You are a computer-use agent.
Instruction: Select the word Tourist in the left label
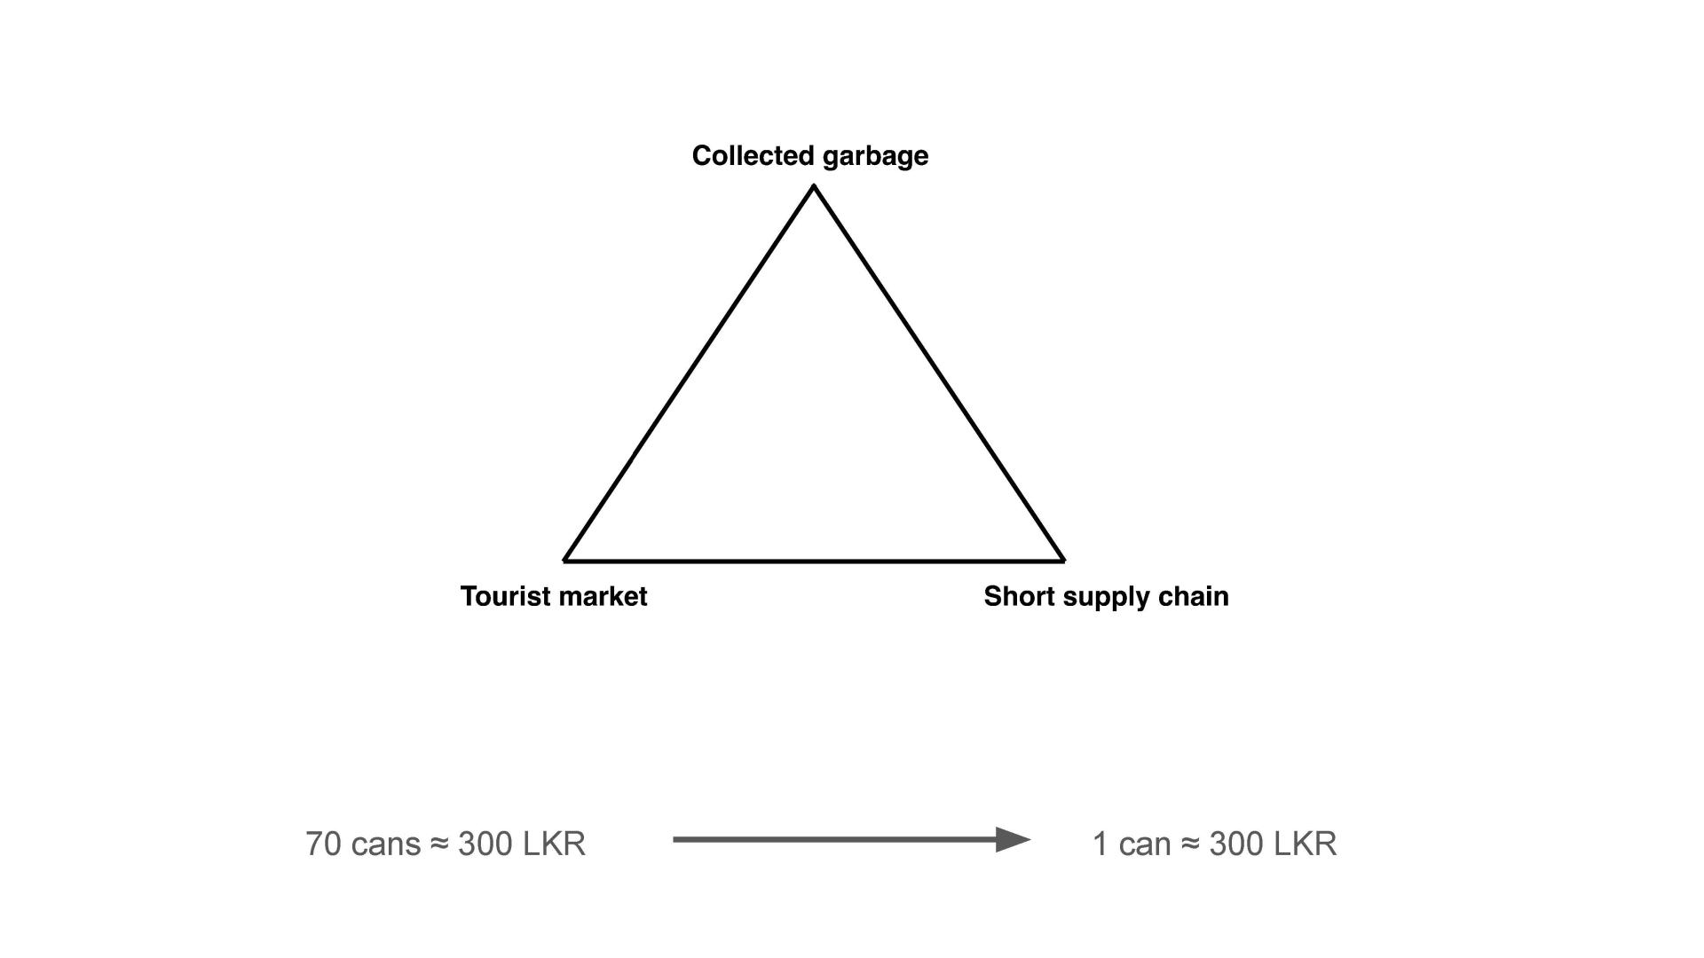pyautogui.click(x=501, y=596)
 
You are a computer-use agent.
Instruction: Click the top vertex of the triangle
pyautogui.click(x=814, y=185)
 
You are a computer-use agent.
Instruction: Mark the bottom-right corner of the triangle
pyautogui.click(x=1063, y=561)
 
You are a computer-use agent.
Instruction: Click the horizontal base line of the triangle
pyautogui.click(x=814, y=561)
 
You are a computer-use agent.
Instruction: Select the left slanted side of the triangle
pyautogui.click(x=690, y=373)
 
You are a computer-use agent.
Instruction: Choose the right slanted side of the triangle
pyautogui.click(x=939, y=373)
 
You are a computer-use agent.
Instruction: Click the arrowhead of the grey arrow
pyautogui.click(x=1013, y=839)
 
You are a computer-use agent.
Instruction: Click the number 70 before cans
pyautogui.click(x=324, y=844)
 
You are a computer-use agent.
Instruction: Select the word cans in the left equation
pyautogui.click(x=386, y=846)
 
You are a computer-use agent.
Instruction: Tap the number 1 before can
pyautogui.click(x=1100, y=844)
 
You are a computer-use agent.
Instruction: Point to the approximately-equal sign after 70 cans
pyautogui.click(x=439, y=844)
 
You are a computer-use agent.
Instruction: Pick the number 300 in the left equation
pyautogui.click(x=485, y=844)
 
